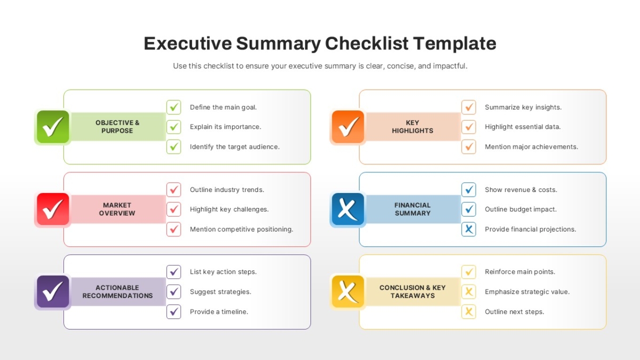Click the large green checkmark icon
click(53, 127)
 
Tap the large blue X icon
click(348, 209)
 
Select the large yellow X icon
click(348, 291)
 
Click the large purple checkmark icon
click(53, 291)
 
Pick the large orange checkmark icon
click(348, 127)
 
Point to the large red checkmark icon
click(53, 209)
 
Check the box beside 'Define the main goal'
click(174, 107)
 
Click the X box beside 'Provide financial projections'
click(469, 229)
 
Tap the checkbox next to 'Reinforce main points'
click(469, 271)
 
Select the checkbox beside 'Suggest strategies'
click(174, 292)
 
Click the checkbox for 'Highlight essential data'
click(469, 127)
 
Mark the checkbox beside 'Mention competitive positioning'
click(174, 229)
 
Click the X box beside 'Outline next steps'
click(469, 311)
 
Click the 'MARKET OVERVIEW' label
click(117, 209)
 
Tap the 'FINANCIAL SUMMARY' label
click(413, 209)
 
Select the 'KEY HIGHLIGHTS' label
click(413, 126)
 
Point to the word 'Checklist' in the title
click(366, 43)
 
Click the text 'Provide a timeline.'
click(219, 311)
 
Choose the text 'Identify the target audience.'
click(235, 147)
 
